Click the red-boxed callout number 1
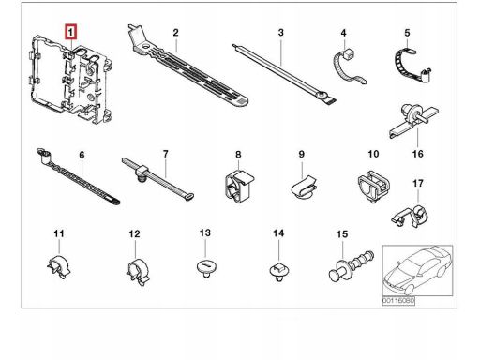[x=70, y=32]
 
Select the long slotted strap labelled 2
[x=187, y=69]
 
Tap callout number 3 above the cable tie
[x=280, y=33]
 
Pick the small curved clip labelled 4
[x=348, y=66]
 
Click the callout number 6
[x=82, y=155]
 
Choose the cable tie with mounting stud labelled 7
[x=157, y=178]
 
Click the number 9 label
[x=301, y=154]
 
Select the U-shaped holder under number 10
[x=374, y=187]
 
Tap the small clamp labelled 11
[x=59, y=267]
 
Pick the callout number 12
[x=134, y=233]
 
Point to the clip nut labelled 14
[x=278, y=271]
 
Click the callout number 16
[x=418, y=154]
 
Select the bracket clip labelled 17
[x=411, y=215]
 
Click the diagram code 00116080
[x=398, y=301]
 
